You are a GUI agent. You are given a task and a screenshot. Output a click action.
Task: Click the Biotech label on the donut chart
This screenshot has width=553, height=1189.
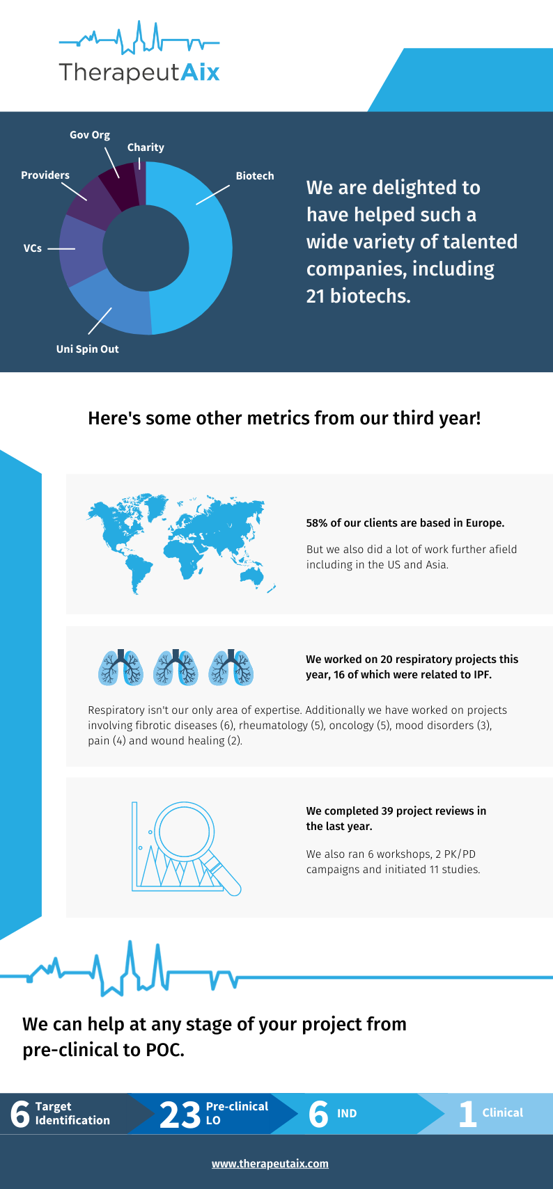[x=255, y=176]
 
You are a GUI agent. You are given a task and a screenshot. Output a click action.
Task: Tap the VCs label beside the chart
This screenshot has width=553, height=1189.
[x=33, y=248]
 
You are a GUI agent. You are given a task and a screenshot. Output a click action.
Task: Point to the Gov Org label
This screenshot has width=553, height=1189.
[x=90, y=135]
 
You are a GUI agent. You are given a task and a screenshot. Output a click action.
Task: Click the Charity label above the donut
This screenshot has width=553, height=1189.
[x=146, y=147]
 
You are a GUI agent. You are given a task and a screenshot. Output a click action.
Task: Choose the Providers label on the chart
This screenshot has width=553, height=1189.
[x=45, y=175]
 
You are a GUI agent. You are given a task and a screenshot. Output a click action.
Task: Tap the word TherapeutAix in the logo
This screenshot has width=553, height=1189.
[x=139, y=72]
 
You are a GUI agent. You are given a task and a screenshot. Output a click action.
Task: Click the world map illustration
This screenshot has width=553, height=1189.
[x=180, y=543]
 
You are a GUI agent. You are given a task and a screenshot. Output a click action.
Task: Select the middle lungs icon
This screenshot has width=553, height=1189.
[x=176, y=667]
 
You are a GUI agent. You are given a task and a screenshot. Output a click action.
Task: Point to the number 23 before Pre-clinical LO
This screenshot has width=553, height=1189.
[x=180, y=1114]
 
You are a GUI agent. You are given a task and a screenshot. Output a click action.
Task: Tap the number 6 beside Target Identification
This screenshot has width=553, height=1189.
[x=20, y=1114]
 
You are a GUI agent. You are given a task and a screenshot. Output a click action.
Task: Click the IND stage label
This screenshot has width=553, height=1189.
[x=347, y=1114]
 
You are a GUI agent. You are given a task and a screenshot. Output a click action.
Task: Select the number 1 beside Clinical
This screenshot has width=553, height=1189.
[x=467, y=1114]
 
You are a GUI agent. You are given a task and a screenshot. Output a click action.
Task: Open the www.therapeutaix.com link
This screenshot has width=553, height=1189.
[x=270, y=1163]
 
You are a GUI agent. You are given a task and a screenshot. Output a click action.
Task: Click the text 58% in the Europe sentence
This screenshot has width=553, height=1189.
[x=317, y=523]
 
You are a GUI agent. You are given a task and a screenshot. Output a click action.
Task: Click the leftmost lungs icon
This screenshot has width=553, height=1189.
[x=120, y=667]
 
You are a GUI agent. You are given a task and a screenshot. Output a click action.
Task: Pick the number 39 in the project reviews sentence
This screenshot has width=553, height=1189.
[x=387, y=811]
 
